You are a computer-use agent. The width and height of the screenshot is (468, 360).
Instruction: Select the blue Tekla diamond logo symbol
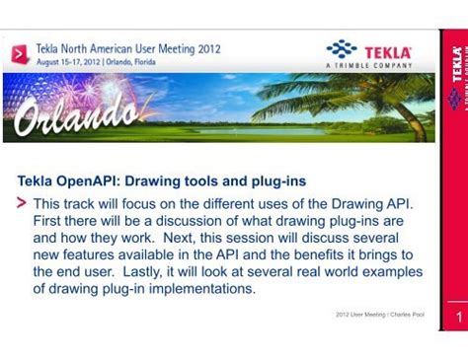click(342, 48)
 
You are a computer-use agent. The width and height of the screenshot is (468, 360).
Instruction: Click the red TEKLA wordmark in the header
click(389, 50)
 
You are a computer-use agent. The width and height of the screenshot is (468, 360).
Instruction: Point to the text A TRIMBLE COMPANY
click(368, 66)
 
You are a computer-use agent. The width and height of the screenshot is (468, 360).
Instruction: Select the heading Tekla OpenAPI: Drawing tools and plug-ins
click(162, 181)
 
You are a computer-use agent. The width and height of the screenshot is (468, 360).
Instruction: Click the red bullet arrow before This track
click(23, 203)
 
